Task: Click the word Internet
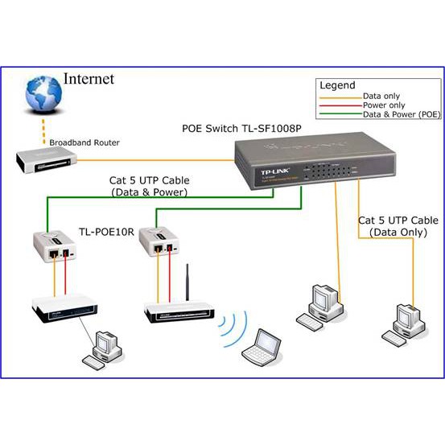click(x=89, y=79)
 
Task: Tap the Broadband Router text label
click(x=84, y=142)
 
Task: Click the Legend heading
click(x=337, y=84)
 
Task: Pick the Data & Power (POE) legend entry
click(x=400, y=114)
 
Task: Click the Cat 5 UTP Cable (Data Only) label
click(x=398, y=225)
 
